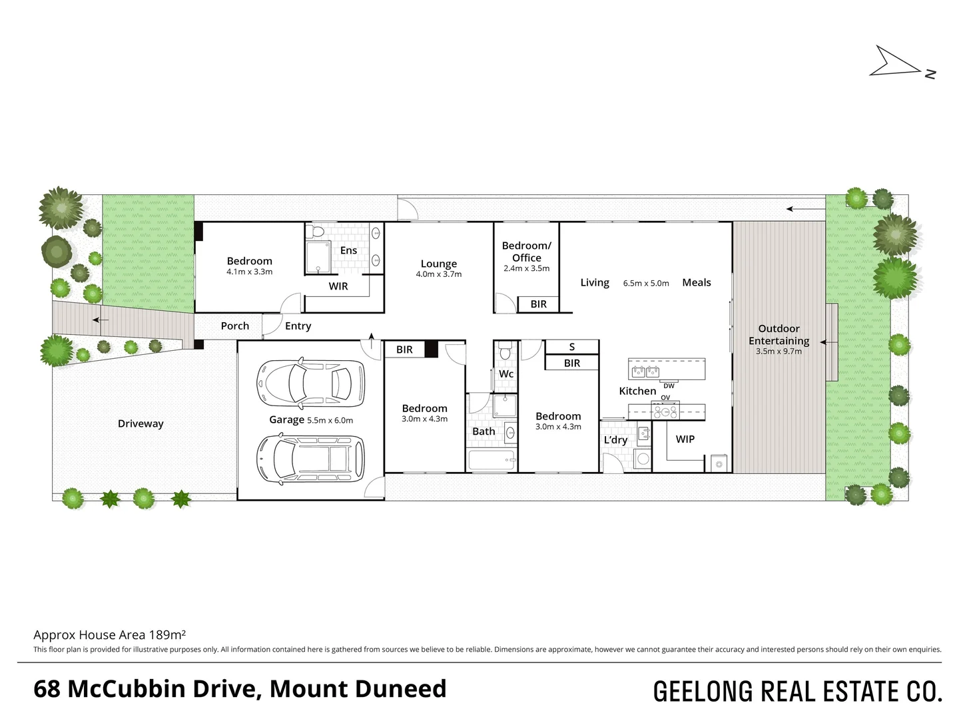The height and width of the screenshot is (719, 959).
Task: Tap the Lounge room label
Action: (439, 264)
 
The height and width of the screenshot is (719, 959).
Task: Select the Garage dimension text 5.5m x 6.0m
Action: (330, 420)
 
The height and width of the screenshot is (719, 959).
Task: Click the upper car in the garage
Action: (310, 384)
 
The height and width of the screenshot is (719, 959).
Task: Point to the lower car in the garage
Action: (310, 459)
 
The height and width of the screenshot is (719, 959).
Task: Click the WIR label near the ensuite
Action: (338, 286)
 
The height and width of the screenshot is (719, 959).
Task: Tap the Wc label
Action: (506, 373)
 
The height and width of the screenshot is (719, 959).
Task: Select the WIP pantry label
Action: (685, 439)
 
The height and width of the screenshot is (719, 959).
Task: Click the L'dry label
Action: (615, 440)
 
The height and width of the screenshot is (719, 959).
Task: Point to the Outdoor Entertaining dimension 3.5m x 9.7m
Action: (779, 352)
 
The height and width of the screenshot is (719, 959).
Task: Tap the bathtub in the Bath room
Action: (492, 460)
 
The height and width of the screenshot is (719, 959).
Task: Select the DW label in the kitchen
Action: (669, 386)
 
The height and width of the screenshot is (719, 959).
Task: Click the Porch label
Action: (234, 326)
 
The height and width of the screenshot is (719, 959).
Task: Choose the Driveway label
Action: (141, 424)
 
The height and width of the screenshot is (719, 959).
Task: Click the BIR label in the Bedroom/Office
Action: (538, 304)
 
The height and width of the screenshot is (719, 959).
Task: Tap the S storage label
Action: (572, 347)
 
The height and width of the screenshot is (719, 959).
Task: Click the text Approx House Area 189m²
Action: (110, 634)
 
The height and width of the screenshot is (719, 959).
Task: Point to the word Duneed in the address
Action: (401, 689)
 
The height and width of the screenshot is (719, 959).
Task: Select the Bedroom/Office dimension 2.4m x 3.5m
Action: (527, 268)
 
